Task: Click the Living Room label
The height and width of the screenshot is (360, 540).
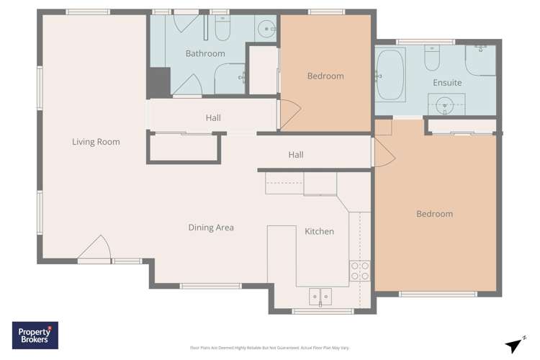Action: [x=96, y=142]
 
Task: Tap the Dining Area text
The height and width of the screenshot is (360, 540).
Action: [x=211, y=228]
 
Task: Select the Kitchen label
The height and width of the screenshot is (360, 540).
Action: [x=319, y=231]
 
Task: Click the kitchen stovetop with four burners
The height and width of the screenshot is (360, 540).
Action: [x=359, y=271]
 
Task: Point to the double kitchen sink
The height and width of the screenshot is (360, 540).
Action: [x=320, y=295]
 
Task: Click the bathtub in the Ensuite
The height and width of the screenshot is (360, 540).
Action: [x=391, y=75]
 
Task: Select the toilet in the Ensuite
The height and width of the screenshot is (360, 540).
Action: [x=432, y=58]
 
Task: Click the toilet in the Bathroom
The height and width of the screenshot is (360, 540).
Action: [x=222, y=28]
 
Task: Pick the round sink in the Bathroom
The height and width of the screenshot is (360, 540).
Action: [x=267, y=30]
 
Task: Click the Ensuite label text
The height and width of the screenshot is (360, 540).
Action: [x=447, y=83]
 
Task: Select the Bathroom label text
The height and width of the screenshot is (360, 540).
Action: [x=205, y=53]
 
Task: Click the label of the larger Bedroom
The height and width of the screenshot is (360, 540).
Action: [x=435, y=214]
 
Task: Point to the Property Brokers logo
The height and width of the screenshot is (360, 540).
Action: [x=35, y=336]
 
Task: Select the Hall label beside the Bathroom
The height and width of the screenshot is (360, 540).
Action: [x=213, y=118]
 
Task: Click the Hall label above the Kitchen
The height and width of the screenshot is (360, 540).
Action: [x=296, y=155]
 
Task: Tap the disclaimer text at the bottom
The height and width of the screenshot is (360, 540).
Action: [x=269, y=348]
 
